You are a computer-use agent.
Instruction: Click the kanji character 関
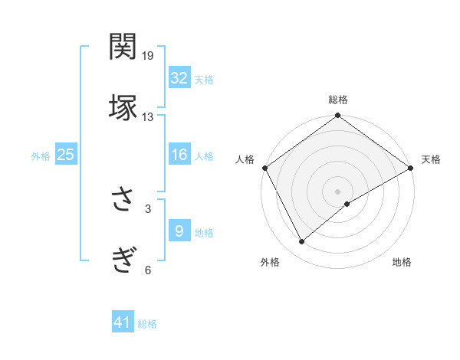coord(123,47)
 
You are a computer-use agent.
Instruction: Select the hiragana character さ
coord(123,200)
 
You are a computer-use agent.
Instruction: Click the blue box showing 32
coord(179,78)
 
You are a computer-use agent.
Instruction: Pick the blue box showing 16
coord(179,155)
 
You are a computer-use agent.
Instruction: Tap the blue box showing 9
coord(179,231)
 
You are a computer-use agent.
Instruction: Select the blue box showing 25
coord(65,155)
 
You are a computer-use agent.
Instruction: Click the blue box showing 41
coord(123,323)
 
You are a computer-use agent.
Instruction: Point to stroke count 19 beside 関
coord(148,56)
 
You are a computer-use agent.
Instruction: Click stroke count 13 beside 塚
coord(148,117)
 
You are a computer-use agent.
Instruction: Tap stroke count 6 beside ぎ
coord(148,269)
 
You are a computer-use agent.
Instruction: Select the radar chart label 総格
coord(337,100)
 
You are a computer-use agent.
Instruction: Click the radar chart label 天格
coord(431,159)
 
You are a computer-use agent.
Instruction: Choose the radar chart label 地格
coord(402,262)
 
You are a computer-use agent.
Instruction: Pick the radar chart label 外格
coord(270,262)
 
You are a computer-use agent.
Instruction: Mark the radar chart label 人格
coord(245,159)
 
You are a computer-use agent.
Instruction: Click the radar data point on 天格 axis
coord(411,167)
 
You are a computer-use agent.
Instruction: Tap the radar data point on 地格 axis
coord(347,204)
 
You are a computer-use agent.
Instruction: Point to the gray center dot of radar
coord(337,190)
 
